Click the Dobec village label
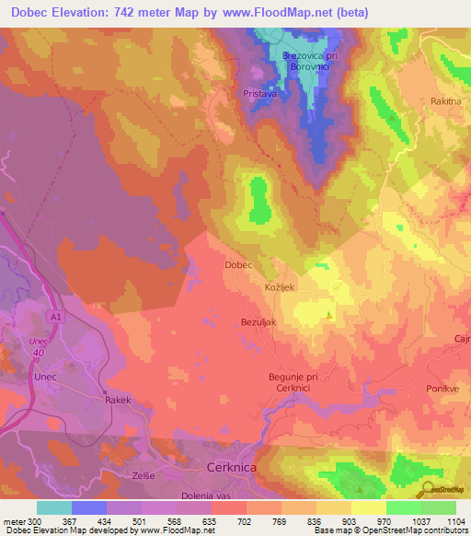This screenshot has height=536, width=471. click(238, 264)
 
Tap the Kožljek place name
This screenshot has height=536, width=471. click(279, 288)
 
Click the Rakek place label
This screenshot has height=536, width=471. click(118, 401)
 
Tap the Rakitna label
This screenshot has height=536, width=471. click(447, 101)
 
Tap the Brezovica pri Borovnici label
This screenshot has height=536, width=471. click(301, 61)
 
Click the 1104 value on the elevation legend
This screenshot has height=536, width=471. click(456, 521)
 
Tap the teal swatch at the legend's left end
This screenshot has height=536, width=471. click(53, 507)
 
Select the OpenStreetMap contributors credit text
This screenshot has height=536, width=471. click(410, 531)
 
